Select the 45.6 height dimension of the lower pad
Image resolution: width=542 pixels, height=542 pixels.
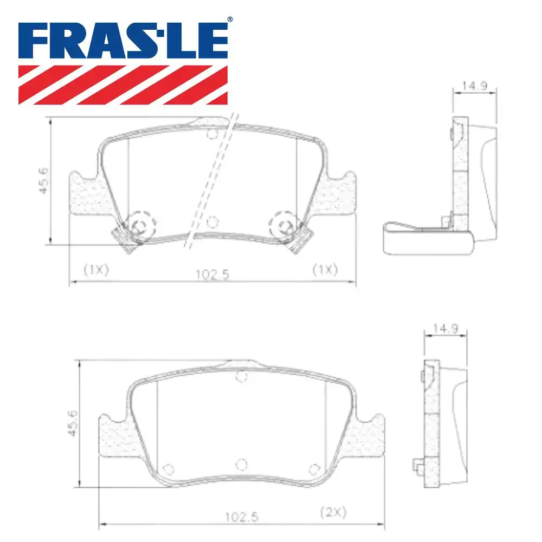(x=74, y=424)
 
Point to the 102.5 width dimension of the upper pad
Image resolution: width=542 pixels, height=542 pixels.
(x=212, y=274)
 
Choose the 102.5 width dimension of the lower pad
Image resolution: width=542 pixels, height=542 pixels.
(x=242, y=517)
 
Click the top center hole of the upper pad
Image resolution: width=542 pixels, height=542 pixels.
(x=212, y=134)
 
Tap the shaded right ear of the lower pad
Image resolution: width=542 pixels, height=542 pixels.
(x=370, y=436)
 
